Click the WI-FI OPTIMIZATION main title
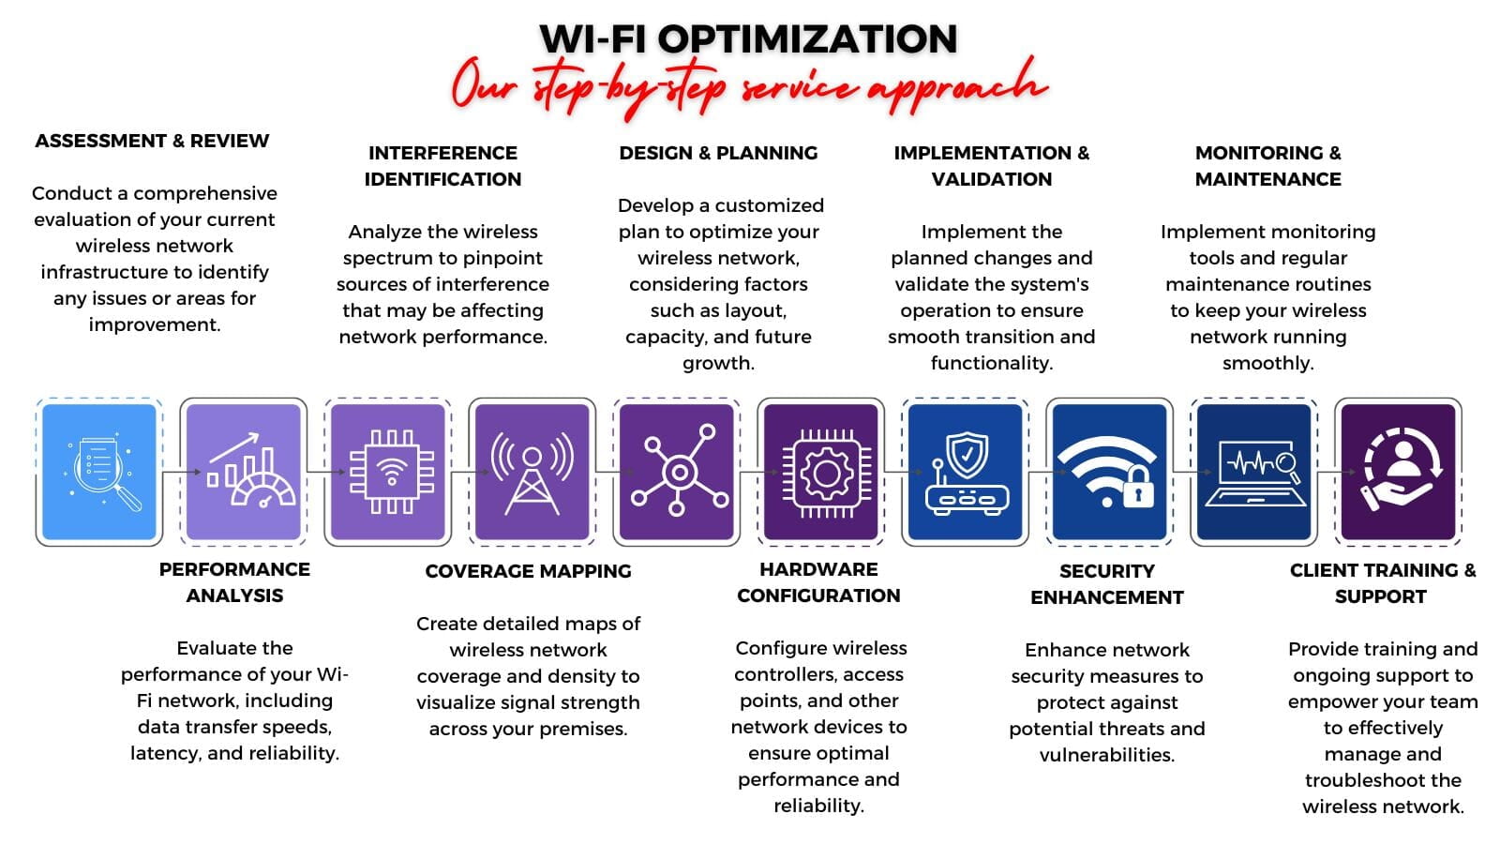[x=749, y=38]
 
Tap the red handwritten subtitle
[x=749, y=87]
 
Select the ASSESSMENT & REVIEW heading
[x=152, y=141]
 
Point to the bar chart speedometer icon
[x=249, y=472]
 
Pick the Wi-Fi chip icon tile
[x=388, y=472]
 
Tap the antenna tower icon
[x=532, y=473]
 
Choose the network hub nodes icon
[x=679, y=472]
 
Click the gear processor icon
[x=826, y=474]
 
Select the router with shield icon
[x=967, y=474]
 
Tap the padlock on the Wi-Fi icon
[x=1138, y=487]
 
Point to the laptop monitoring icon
[x=1255, y=474]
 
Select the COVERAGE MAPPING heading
[x=529, y=571]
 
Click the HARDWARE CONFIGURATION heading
[x=819, y=582]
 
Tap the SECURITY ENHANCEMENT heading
[x=1107, y=584]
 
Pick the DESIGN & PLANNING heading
[x=718, y=154]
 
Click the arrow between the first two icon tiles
[x=182, y=472]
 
